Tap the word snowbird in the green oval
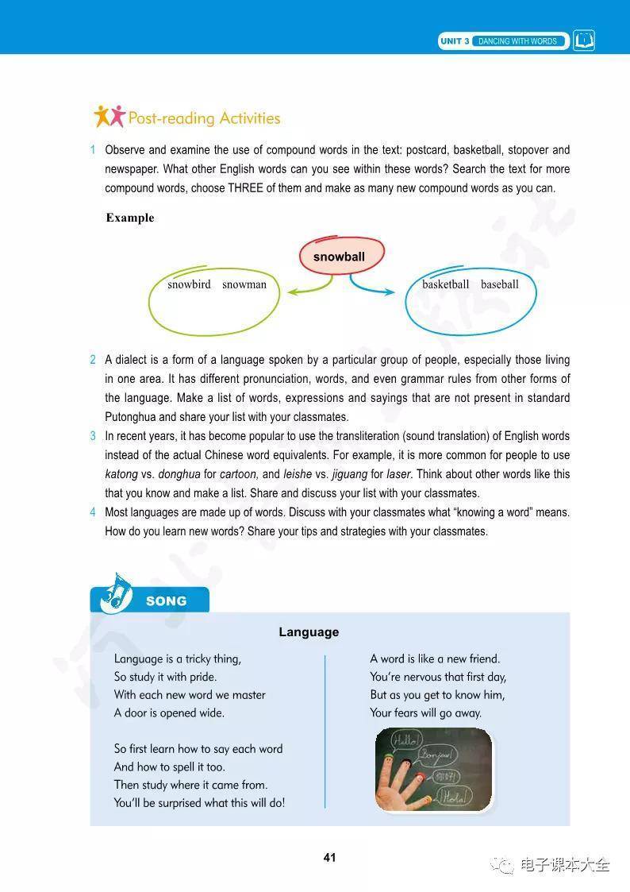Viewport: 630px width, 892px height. (x=189, y=284)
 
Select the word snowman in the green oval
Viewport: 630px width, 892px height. (x=244, y=284)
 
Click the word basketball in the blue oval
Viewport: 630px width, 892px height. (x=445, y=284)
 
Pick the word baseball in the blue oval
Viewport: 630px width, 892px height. (x=499, y=284)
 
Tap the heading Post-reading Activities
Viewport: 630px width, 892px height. (x=204, y=118)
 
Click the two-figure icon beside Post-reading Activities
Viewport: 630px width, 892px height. (x=109, y=116)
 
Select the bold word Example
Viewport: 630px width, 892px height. (x=130, y=218)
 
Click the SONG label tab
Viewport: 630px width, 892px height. (x=166, y=601)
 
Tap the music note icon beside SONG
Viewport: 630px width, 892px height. (x=112, y=593)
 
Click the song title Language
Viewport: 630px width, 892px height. (x=309, y=632)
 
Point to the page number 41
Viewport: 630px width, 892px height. (x=330, y=857)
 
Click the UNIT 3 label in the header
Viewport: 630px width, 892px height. (x=455, y=41)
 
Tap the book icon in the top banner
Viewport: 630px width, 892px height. (x=584, y=41)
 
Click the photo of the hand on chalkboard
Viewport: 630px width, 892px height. (x=433, y=769)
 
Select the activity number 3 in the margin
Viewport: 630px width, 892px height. (x=93, y=436)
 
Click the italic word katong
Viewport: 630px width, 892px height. (x=121, y=474)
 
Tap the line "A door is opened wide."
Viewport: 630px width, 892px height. (x=169, y=713)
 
